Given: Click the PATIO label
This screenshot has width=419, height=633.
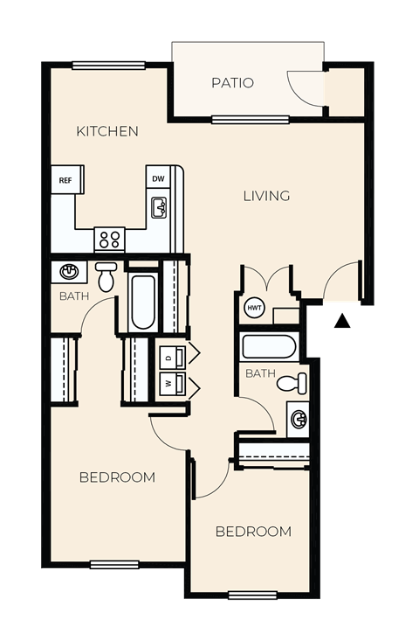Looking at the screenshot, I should (232, 83).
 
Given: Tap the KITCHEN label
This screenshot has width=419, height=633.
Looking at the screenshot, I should (107, 131).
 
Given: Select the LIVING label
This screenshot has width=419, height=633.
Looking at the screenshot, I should (266, 196).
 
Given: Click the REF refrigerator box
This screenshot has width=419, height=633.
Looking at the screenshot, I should (65, 180).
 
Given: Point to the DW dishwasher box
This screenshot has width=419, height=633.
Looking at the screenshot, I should (158, 179).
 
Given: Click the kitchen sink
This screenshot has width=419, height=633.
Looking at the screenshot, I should (159, 208).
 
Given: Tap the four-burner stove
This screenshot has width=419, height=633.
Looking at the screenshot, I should (110, 239).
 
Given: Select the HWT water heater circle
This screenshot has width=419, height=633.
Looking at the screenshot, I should (254, 308).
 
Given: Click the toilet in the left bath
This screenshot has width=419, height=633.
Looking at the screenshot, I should (106, 276).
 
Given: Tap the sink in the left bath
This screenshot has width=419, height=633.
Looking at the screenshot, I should (69, 272).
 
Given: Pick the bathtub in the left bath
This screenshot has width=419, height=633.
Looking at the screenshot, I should (142, 301).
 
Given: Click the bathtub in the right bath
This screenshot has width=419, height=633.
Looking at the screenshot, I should (271, 347).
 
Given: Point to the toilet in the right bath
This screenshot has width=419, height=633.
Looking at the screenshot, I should (293, 383).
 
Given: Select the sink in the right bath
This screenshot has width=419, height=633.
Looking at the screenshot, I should (299, 419).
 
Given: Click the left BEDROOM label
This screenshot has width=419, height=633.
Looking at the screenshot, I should (117, 476).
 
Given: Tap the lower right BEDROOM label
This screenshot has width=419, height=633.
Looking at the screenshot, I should (253, 531).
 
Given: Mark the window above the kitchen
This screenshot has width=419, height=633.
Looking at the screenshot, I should (108, 66).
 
